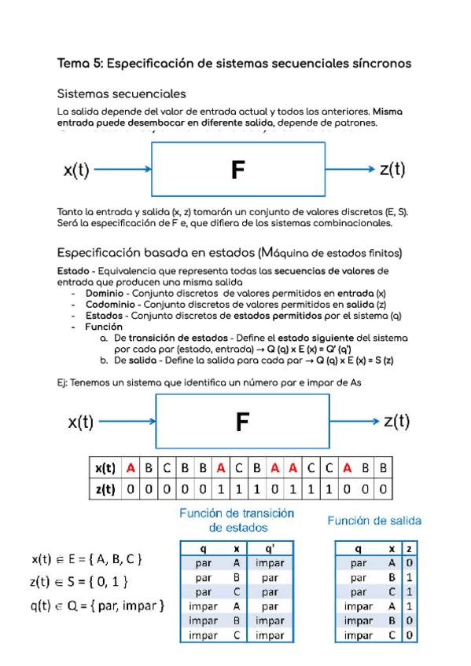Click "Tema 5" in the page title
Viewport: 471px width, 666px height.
pyautogui.click(x=77, y=62)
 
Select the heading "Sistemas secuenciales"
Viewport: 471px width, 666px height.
pyautogui.click(x=121, y=94)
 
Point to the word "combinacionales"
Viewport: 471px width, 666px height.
pyautogui.click(x=351, y=223)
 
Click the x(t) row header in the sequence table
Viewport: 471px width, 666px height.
pyautogui.click(x=105, y=468)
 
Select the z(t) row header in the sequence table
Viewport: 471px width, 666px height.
pyautogui.click(x=105, y=489)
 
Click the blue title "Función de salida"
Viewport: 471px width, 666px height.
pyautogui.click(x=374, y=520)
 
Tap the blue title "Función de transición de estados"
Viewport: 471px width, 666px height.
pyautogui.click(x=237, y=520)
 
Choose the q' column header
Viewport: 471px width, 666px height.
pyautogui.click(x=270, y=548)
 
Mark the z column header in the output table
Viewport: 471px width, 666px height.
pyautogui.click(x=410, y=548)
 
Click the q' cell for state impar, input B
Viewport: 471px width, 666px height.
pyautogui.click(x=270, y=620)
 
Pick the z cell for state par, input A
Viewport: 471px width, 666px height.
pyautogui.click(x=410, y=562)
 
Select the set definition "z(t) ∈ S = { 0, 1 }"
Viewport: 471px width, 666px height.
pyautogui.click(x=79, y=582)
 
